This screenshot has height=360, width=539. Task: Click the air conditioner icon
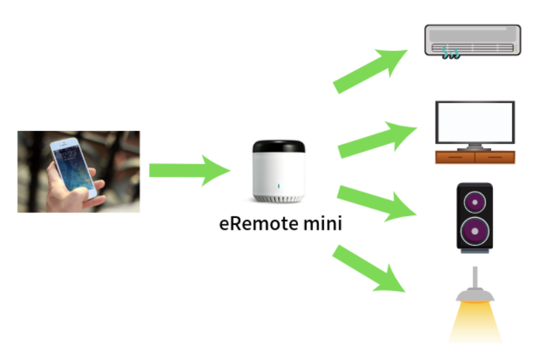coord(473,40)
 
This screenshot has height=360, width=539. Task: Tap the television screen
coord(475,122)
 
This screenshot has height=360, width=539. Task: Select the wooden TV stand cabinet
coord(475,157)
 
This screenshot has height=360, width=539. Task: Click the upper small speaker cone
coord(475,202)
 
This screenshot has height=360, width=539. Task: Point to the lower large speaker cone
coord(475,231)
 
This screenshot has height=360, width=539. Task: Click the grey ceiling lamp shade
coord(475,295)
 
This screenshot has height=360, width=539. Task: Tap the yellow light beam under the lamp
coord(475,322)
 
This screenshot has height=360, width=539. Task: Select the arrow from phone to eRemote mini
coord(189,170)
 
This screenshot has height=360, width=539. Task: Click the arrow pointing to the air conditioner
coord(370,71)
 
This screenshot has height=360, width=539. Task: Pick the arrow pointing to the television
coord(377,139)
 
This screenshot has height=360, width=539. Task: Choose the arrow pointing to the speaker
coord(377,203)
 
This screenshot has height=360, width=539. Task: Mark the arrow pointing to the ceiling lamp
coord(369,269)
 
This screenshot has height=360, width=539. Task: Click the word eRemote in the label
coord(259,224)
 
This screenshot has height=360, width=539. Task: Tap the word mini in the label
coord(323,224)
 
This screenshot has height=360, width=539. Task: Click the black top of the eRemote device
coord(279,146)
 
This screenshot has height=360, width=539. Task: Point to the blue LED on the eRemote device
coord(279,186)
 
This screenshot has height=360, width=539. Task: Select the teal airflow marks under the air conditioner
coord(451,53)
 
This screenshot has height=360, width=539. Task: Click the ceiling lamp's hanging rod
coord(475,277)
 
